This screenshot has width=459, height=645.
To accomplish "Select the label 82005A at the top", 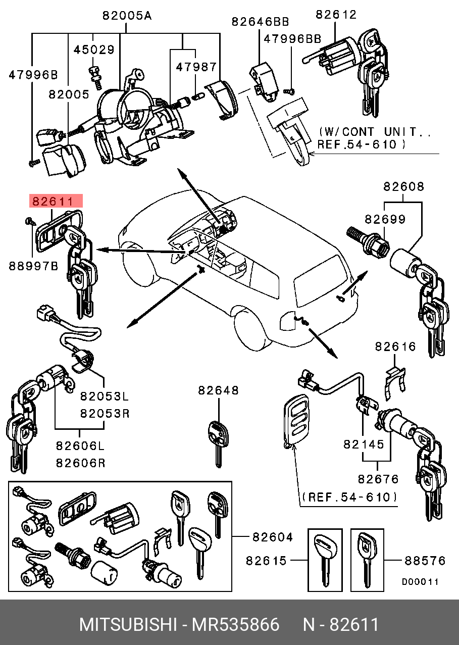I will pos(126,16).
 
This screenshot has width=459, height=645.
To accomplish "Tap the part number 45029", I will pos(94,49).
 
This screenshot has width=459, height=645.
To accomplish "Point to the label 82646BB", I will pos(260,21).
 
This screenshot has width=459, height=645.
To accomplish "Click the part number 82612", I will pos(336,15).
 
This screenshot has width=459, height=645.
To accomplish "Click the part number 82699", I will pos(385,219).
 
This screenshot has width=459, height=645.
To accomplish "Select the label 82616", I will pos(395,346).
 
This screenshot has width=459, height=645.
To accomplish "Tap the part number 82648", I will pos(218,390).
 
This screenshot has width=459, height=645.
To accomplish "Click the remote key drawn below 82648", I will pos(217,439).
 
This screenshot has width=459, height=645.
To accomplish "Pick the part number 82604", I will pos(272,537).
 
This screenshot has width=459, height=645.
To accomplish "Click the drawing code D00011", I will pos(420,582).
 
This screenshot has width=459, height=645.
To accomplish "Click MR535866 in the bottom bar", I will pos(235,625).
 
